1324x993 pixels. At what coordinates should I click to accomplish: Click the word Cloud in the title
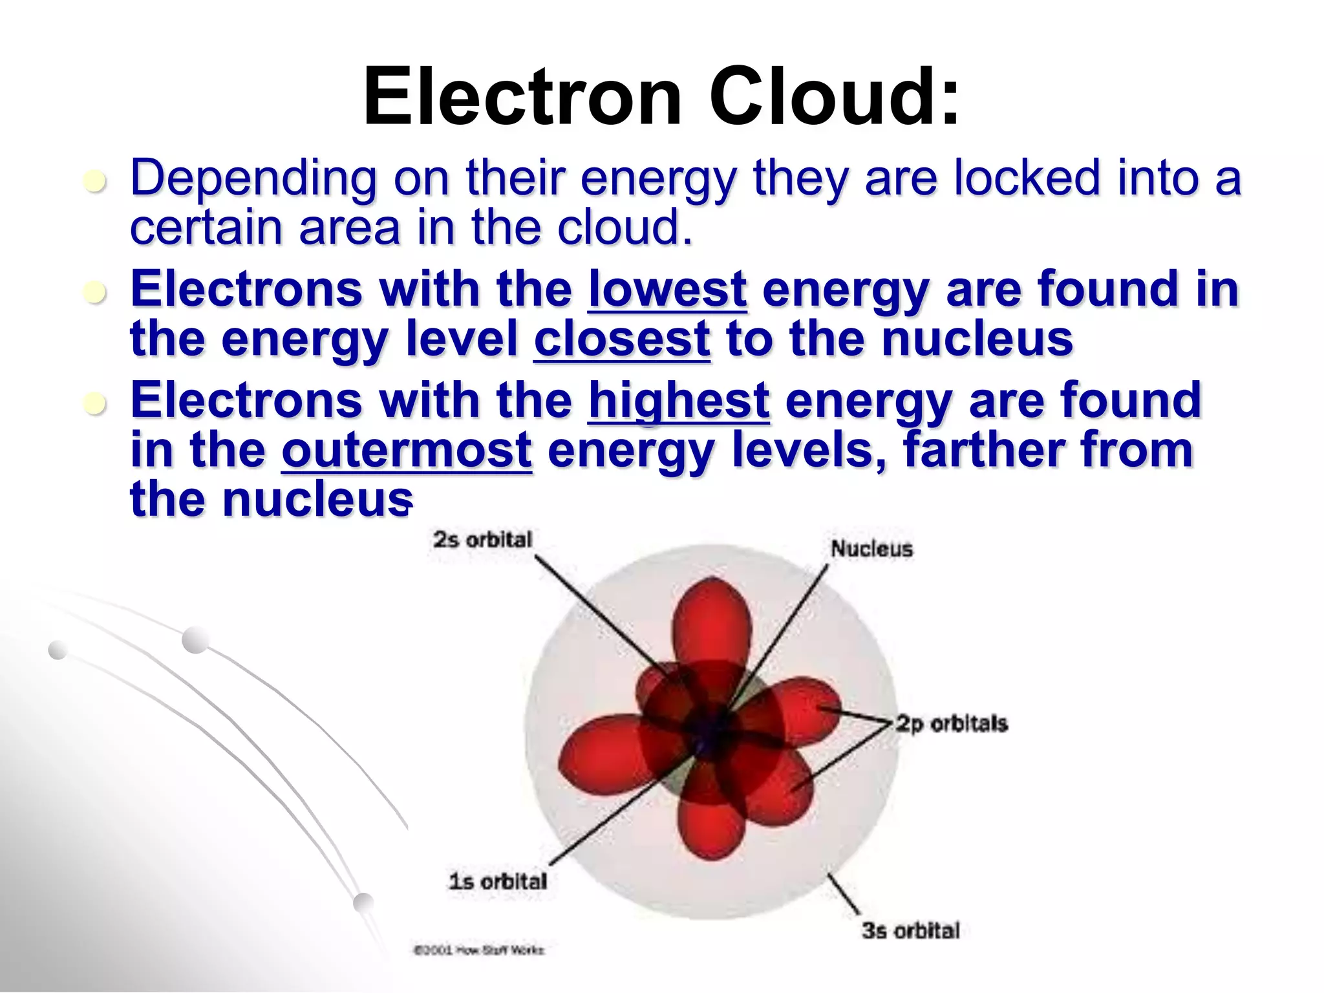click(x=834, y=97)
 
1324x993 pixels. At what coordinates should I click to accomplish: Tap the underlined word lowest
click(x=667, y=289)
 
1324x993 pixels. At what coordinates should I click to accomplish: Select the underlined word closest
click(x=622, y=339)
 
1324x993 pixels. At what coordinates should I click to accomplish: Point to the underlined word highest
click(x=679, y=400)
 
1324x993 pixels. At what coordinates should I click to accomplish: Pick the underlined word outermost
click(x=407, y=451)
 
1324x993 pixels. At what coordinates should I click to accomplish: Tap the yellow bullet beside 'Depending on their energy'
click(x=95, y=182)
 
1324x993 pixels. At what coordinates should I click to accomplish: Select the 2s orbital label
click(x=482, y=539)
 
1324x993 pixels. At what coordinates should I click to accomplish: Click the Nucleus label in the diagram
click(x=871, y=549)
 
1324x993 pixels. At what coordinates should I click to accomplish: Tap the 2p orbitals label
click(x=951, y=723)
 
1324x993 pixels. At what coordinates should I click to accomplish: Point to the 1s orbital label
click(x=498, y=881)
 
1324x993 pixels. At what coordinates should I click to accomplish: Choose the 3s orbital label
click(x=910, y=930)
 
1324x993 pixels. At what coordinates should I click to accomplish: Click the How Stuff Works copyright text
click(x=479, y=950)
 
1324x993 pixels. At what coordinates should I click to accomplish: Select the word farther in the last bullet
click(x=983, y=451)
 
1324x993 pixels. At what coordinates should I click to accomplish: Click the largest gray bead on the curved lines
click(x=196, y=640)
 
